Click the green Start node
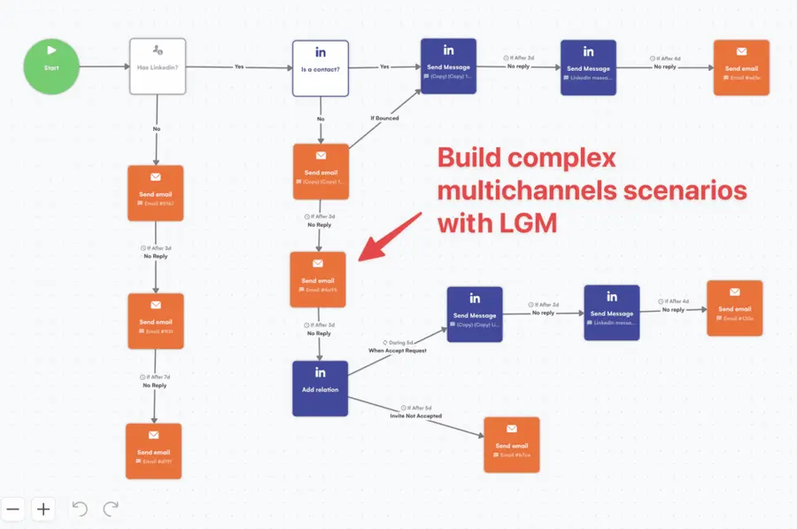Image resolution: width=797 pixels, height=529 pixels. [51, 66]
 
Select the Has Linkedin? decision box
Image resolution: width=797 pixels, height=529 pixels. [158, 66]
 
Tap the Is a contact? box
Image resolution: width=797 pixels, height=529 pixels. [321, 67]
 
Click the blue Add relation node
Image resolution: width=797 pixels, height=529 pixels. [321, 387]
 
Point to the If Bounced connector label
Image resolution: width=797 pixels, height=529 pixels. [384, 118]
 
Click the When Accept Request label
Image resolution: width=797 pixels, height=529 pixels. [398, 350]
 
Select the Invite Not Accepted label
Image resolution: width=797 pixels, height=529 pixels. [416, 416]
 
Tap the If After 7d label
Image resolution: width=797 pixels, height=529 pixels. [155, 377]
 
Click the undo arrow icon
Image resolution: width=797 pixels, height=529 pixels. [79, 509]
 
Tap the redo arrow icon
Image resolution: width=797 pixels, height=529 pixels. [111, 509]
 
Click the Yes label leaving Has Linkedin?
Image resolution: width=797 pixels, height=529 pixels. [239, 66]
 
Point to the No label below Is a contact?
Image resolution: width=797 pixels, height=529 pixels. [321, 119]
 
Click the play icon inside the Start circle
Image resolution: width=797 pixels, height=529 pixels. [51, 51]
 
